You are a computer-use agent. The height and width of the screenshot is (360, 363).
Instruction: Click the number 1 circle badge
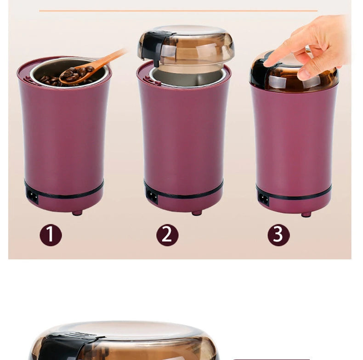51,235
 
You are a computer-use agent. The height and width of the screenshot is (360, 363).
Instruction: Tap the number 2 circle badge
167,235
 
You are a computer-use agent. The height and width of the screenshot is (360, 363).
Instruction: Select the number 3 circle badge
278,235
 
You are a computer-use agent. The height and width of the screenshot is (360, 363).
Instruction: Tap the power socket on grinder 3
264,198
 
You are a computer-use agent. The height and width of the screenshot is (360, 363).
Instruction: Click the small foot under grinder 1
77,213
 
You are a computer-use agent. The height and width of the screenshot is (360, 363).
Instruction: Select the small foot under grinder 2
197,213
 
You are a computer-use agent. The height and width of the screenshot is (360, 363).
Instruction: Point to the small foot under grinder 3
306,214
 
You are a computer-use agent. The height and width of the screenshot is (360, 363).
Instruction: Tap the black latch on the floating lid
153,46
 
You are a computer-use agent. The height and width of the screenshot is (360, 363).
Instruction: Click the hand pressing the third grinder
317,46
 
